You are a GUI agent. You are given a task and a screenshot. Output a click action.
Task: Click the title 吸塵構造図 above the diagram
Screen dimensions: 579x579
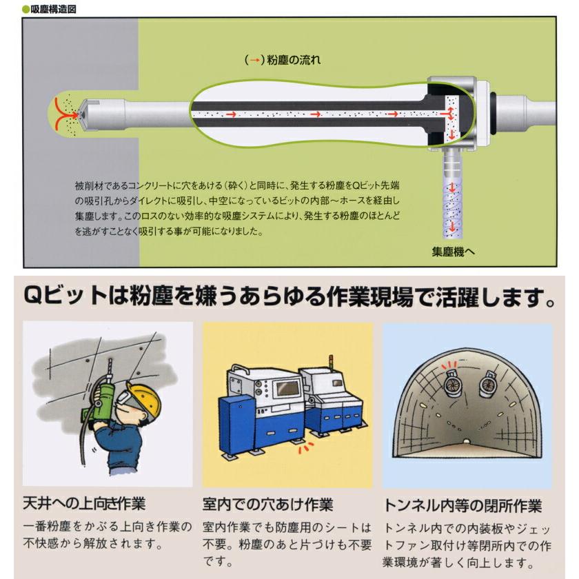pyautogui.click(x=53, y=9)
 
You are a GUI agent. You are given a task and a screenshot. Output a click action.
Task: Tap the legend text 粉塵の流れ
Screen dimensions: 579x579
pyautogui.click(x=294, y=60)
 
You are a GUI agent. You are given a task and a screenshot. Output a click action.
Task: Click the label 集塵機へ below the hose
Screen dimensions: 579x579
pyautogui.click(x=453, y=252)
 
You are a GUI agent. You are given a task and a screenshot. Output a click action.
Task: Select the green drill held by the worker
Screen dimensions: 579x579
pyautogui.click(x=103, y=399)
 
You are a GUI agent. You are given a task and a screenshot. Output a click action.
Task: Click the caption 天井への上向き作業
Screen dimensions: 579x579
pyautogui.click(x=85, y=504)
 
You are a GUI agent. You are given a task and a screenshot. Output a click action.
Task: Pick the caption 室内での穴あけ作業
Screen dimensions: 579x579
pyautogui.click(x=267, y=505)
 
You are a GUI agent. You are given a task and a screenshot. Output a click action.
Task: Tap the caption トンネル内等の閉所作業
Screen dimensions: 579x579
pyautogui.click(x=463, y=505)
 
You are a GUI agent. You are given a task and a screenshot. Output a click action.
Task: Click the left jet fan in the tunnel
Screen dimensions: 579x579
pyautogui.click(x=453, y=383)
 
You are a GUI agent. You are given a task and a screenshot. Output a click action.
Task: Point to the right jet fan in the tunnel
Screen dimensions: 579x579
pyautogui.click(x=489, y=387)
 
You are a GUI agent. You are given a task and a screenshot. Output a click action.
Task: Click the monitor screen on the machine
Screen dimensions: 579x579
pyautogui.click(x=288, y=387)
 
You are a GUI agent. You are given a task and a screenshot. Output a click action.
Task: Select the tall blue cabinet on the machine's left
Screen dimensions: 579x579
pyautogui.click(x=237, y=425)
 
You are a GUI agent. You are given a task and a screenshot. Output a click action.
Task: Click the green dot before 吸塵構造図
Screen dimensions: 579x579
pyautogui.click(x=26, y=10)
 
